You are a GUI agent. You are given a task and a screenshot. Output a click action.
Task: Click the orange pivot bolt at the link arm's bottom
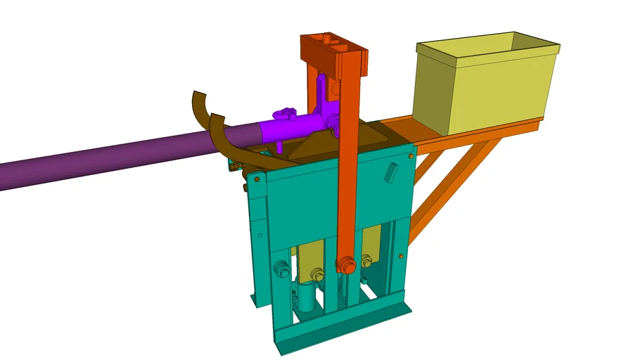coord(345,266)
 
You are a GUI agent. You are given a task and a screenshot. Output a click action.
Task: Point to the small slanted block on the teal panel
coord(391,173)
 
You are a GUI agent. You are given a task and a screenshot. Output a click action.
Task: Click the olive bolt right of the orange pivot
coord(365,262)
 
